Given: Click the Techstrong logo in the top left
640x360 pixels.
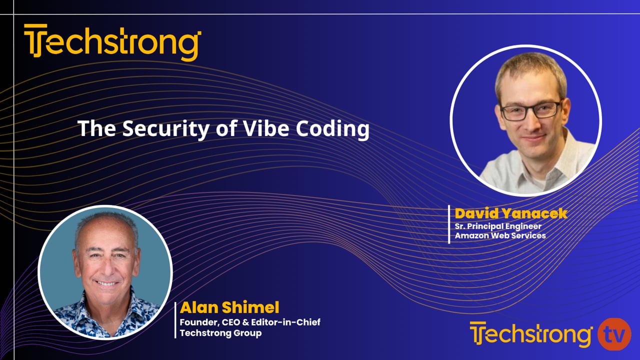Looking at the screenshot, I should [x=112, y=42].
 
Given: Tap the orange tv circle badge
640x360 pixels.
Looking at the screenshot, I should [x=614, y=334].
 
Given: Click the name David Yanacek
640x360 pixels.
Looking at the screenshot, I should [x=511, y=213].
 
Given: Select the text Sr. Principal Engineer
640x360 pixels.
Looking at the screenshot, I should [x=498, y=225].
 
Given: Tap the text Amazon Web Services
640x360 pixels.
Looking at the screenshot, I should [x=500, y=235].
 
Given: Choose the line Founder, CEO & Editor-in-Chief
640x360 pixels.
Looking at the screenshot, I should [x=250, y=322].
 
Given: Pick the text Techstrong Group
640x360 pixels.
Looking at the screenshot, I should [x=220, y=333].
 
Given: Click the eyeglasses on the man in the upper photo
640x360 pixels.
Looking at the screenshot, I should [x=530, y=110].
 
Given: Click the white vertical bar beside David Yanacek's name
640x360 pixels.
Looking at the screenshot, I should [x=449, y=224].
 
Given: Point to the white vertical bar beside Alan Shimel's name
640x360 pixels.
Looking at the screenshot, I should [x=175, y=319].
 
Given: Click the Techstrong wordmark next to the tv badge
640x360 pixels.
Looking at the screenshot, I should [x=530, y=334].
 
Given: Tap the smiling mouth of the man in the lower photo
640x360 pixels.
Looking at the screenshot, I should [x=106, y=283].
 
